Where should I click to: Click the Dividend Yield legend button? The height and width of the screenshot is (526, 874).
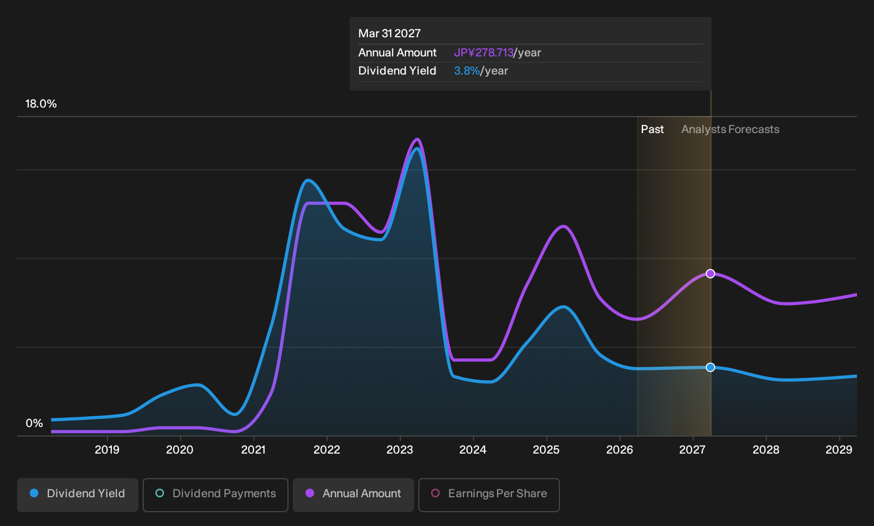point(78,495)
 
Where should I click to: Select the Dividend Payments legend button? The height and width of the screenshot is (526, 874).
point(216,495)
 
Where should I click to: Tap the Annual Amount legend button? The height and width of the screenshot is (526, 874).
point(353,495)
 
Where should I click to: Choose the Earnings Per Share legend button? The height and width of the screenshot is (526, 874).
point(489,495)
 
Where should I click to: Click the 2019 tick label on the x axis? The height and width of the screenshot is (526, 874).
point(107,450)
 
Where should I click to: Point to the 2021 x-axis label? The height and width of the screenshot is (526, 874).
point(253,450)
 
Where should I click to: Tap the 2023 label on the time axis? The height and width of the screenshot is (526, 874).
point(400,450)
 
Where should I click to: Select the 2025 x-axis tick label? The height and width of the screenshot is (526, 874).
point(546,450)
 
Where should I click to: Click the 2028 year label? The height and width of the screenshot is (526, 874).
point(766,450)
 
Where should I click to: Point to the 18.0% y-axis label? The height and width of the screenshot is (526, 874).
point(41,104)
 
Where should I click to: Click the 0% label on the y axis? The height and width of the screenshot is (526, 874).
point(35,423)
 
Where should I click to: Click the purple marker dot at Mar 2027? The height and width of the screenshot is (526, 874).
point(711,274)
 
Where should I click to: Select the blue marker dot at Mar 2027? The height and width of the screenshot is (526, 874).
point(711,367)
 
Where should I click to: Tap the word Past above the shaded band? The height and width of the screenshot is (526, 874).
point(653,129)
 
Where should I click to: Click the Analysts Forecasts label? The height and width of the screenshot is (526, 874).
point(730,129)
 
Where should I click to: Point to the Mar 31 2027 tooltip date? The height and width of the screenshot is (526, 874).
point(390,34)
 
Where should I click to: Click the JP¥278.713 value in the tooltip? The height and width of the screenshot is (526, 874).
point(484,53)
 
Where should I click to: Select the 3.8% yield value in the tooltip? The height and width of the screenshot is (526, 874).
point(467,71)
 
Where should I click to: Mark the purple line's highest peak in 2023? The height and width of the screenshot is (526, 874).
point(417,139)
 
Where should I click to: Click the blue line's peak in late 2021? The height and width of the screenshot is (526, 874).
point(308,180)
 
